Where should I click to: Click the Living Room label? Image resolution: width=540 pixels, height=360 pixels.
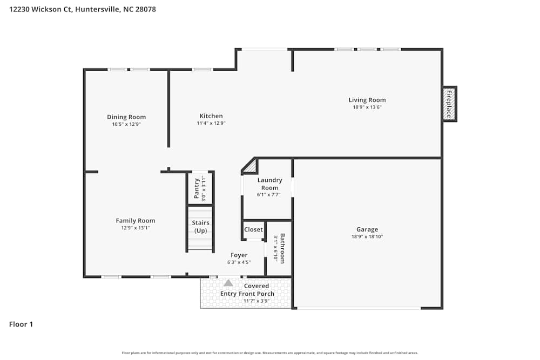(367, 100)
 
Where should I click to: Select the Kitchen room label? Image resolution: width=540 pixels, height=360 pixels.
(211, 116)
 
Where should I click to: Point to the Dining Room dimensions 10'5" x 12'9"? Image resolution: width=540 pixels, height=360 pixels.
(126, 124)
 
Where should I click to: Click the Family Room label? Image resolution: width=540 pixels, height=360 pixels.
(135, 220)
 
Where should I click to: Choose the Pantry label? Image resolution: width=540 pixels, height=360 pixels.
(197, 188)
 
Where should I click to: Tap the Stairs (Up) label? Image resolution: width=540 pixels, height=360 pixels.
(200, 227)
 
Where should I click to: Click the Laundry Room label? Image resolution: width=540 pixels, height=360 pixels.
(269, 184)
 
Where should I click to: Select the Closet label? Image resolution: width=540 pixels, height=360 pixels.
(253, 229)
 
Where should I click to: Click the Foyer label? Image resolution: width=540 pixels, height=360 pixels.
(239, 255)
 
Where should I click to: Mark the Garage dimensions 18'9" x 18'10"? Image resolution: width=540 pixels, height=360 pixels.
(367, 236)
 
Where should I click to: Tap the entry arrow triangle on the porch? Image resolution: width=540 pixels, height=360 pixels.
(228, 282)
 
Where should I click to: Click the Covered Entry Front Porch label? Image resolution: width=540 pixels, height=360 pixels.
(248, 290)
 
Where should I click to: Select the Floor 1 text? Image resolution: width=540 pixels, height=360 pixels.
(21, 324)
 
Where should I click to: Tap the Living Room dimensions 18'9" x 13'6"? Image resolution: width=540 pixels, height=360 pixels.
(367, 107)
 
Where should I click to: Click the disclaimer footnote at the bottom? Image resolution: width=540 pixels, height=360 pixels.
(269, 353)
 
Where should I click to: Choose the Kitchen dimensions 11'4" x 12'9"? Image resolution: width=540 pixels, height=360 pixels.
(211, 124)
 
